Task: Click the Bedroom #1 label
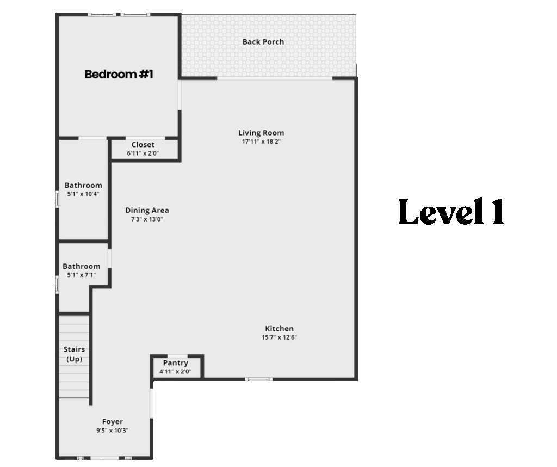(119, 74)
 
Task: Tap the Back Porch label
(263, 42)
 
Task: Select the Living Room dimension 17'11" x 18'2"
(261, 142)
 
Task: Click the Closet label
(143, 145)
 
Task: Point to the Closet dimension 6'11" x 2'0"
(143, 153)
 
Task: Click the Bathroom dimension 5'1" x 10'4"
(83, 194)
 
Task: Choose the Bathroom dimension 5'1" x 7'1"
(82, 275)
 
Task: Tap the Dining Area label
(147, 211)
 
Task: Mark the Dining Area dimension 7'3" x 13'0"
(147, 219)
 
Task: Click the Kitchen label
(279, 329)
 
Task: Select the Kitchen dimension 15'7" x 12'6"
(279, 337)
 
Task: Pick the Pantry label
(176, 363)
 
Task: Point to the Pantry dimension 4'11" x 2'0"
(176, 372)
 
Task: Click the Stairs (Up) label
(74, 354)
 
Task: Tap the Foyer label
(112, 421)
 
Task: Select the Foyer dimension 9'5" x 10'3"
(112, 431)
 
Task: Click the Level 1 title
(451, 212)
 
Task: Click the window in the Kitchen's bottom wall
(258, 379)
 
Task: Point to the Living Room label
(261, 133)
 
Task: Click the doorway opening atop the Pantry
(177, 356)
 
